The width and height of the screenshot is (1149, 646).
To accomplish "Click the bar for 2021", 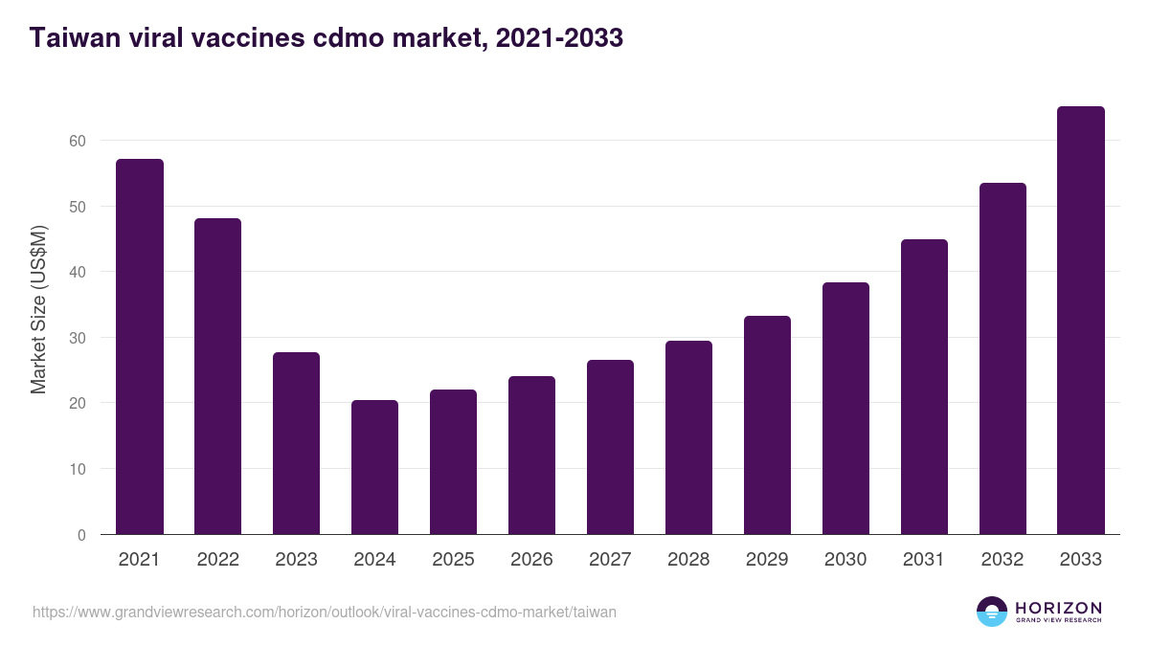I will click(140, 346).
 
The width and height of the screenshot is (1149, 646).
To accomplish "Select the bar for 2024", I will click(374, 467).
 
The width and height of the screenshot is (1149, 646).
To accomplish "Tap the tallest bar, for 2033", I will click(1081, 321).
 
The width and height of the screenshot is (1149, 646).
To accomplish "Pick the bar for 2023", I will click(296, 443).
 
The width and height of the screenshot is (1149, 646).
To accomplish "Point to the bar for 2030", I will click(845, 409).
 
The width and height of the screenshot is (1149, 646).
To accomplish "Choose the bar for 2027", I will click(610, 447).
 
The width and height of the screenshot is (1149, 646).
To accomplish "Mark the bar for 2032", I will click(1003, 359).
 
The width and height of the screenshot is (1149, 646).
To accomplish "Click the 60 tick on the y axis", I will click(78, 141).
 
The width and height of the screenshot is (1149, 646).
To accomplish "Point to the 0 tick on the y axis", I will click(81, 535).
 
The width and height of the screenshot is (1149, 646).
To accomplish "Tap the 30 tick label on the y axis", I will click(78, 338).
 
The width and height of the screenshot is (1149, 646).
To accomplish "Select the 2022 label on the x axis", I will click(217, 560).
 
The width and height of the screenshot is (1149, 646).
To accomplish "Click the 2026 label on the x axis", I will click(531, 560).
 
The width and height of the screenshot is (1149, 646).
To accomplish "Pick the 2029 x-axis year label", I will click(767, 560).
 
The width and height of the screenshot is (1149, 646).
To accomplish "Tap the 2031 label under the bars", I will click(924, 560).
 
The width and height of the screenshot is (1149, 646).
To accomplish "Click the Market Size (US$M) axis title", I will click(38, 310).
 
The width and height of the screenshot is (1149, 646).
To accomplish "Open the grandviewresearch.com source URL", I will click(325, 612).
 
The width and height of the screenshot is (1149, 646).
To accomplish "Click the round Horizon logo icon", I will click(991, 612).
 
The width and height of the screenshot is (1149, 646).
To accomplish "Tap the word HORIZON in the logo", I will click(1058, 607).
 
